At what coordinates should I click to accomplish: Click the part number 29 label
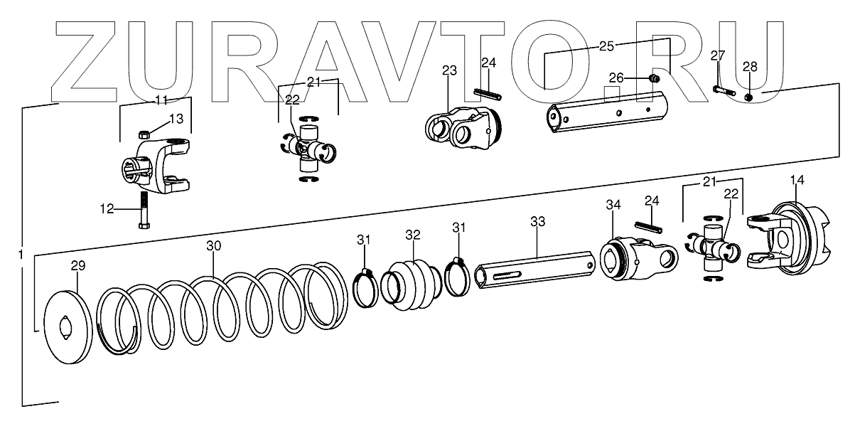77,266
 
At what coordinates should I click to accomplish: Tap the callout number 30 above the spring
214,246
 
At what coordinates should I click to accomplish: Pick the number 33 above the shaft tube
537,222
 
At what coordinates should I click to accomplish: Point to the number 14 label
797,181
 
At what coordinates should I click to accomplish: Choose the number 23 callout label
449,70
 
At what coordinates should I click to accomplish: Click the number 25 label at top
606,46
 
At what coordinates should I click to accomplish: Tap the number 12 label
107,208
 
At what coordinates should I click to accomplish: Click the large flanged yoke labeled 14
792,241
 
